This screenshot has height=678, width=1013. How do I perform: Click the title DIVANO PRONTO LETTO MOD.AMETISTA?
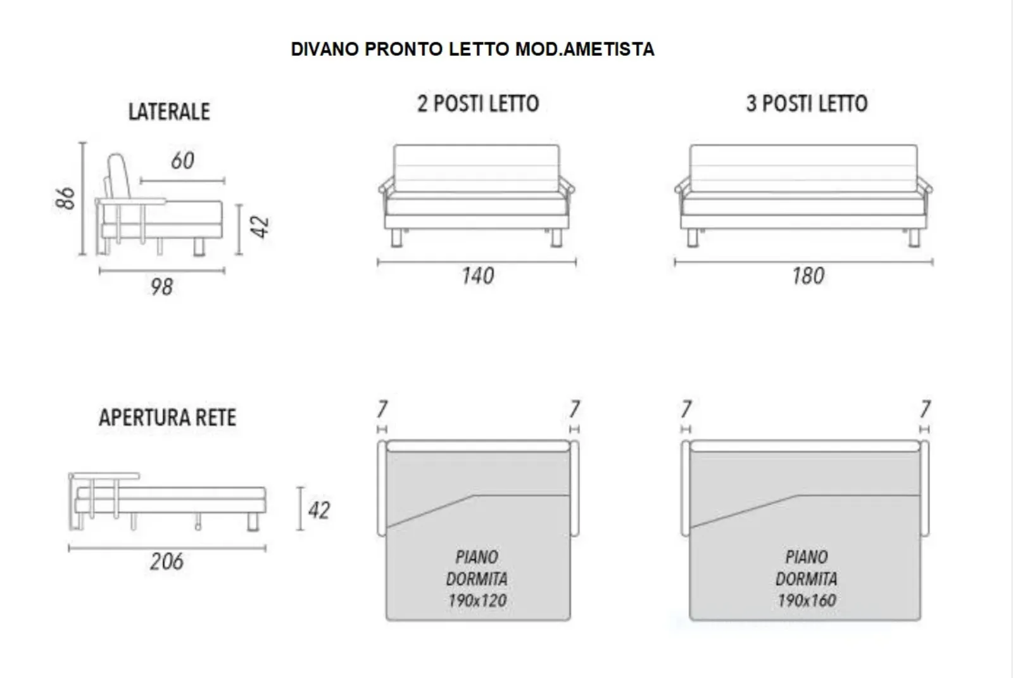tap(472, 49)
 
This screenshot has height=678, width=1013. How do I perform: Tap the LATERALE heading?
tap(169, 112)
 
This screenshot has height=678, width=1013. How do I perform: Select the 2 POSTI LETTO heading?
tap(478, 103)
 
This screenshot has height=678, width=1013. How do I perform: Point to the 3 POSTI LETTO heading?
tap(807, 103)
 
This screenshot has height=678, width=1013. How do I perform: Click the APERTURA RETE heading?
tap(167, 418)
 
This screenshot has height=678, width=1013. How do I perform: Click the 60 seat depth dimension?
tap(183, 161)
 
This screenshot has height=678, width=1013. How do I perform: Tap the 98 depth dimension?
tap(162, 287)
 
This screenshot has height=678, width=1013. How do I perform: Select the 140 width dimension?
tap(478, 276)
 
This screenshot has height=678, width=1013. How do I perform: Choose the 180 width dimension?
tap(808, 276)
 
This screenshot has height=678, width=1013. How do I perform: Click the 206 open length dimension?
tap(167, 561)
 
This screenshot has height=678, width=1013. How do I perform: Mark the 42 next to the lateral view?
tap(260, 227)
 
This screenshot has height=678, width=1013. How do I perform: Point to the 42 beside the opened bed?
tap(319, 511)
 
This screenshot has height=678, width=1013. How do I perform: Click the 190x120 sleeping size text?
tap(477, 601)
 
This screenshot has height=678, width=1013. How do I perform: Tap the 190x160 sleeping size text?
tap(807, 601)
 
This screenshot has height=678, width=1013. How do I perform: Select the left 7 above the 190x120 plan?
tap(382, 409)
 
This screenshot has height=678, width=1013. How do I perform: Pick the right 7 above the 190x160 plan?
tap(925, 409)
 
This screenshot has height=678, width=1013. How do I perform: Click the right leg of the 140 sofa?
tap(557, 238)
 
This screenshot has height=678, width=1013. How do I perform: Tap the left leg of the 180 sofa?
tap(692, 238)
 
